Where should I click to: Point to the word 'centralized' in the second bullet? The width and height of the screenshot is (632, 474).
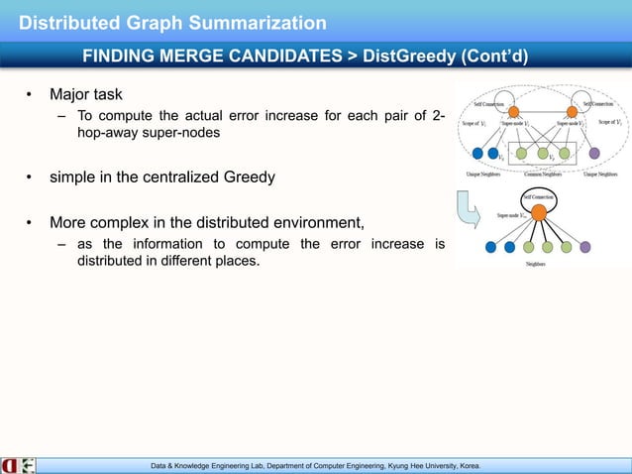tap(208, 179)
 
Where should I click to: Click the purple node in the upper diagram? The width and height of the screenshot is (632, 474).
tap(593, 153)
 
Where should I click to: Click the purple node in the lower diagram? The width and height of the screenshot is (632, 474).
tap(584, 247)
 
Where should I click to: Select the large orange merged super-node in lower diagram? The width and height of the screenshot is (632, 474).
tap(538, 211)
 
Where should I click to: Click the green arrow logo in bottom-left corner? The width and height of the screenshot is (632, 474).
tap(27, 464)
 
